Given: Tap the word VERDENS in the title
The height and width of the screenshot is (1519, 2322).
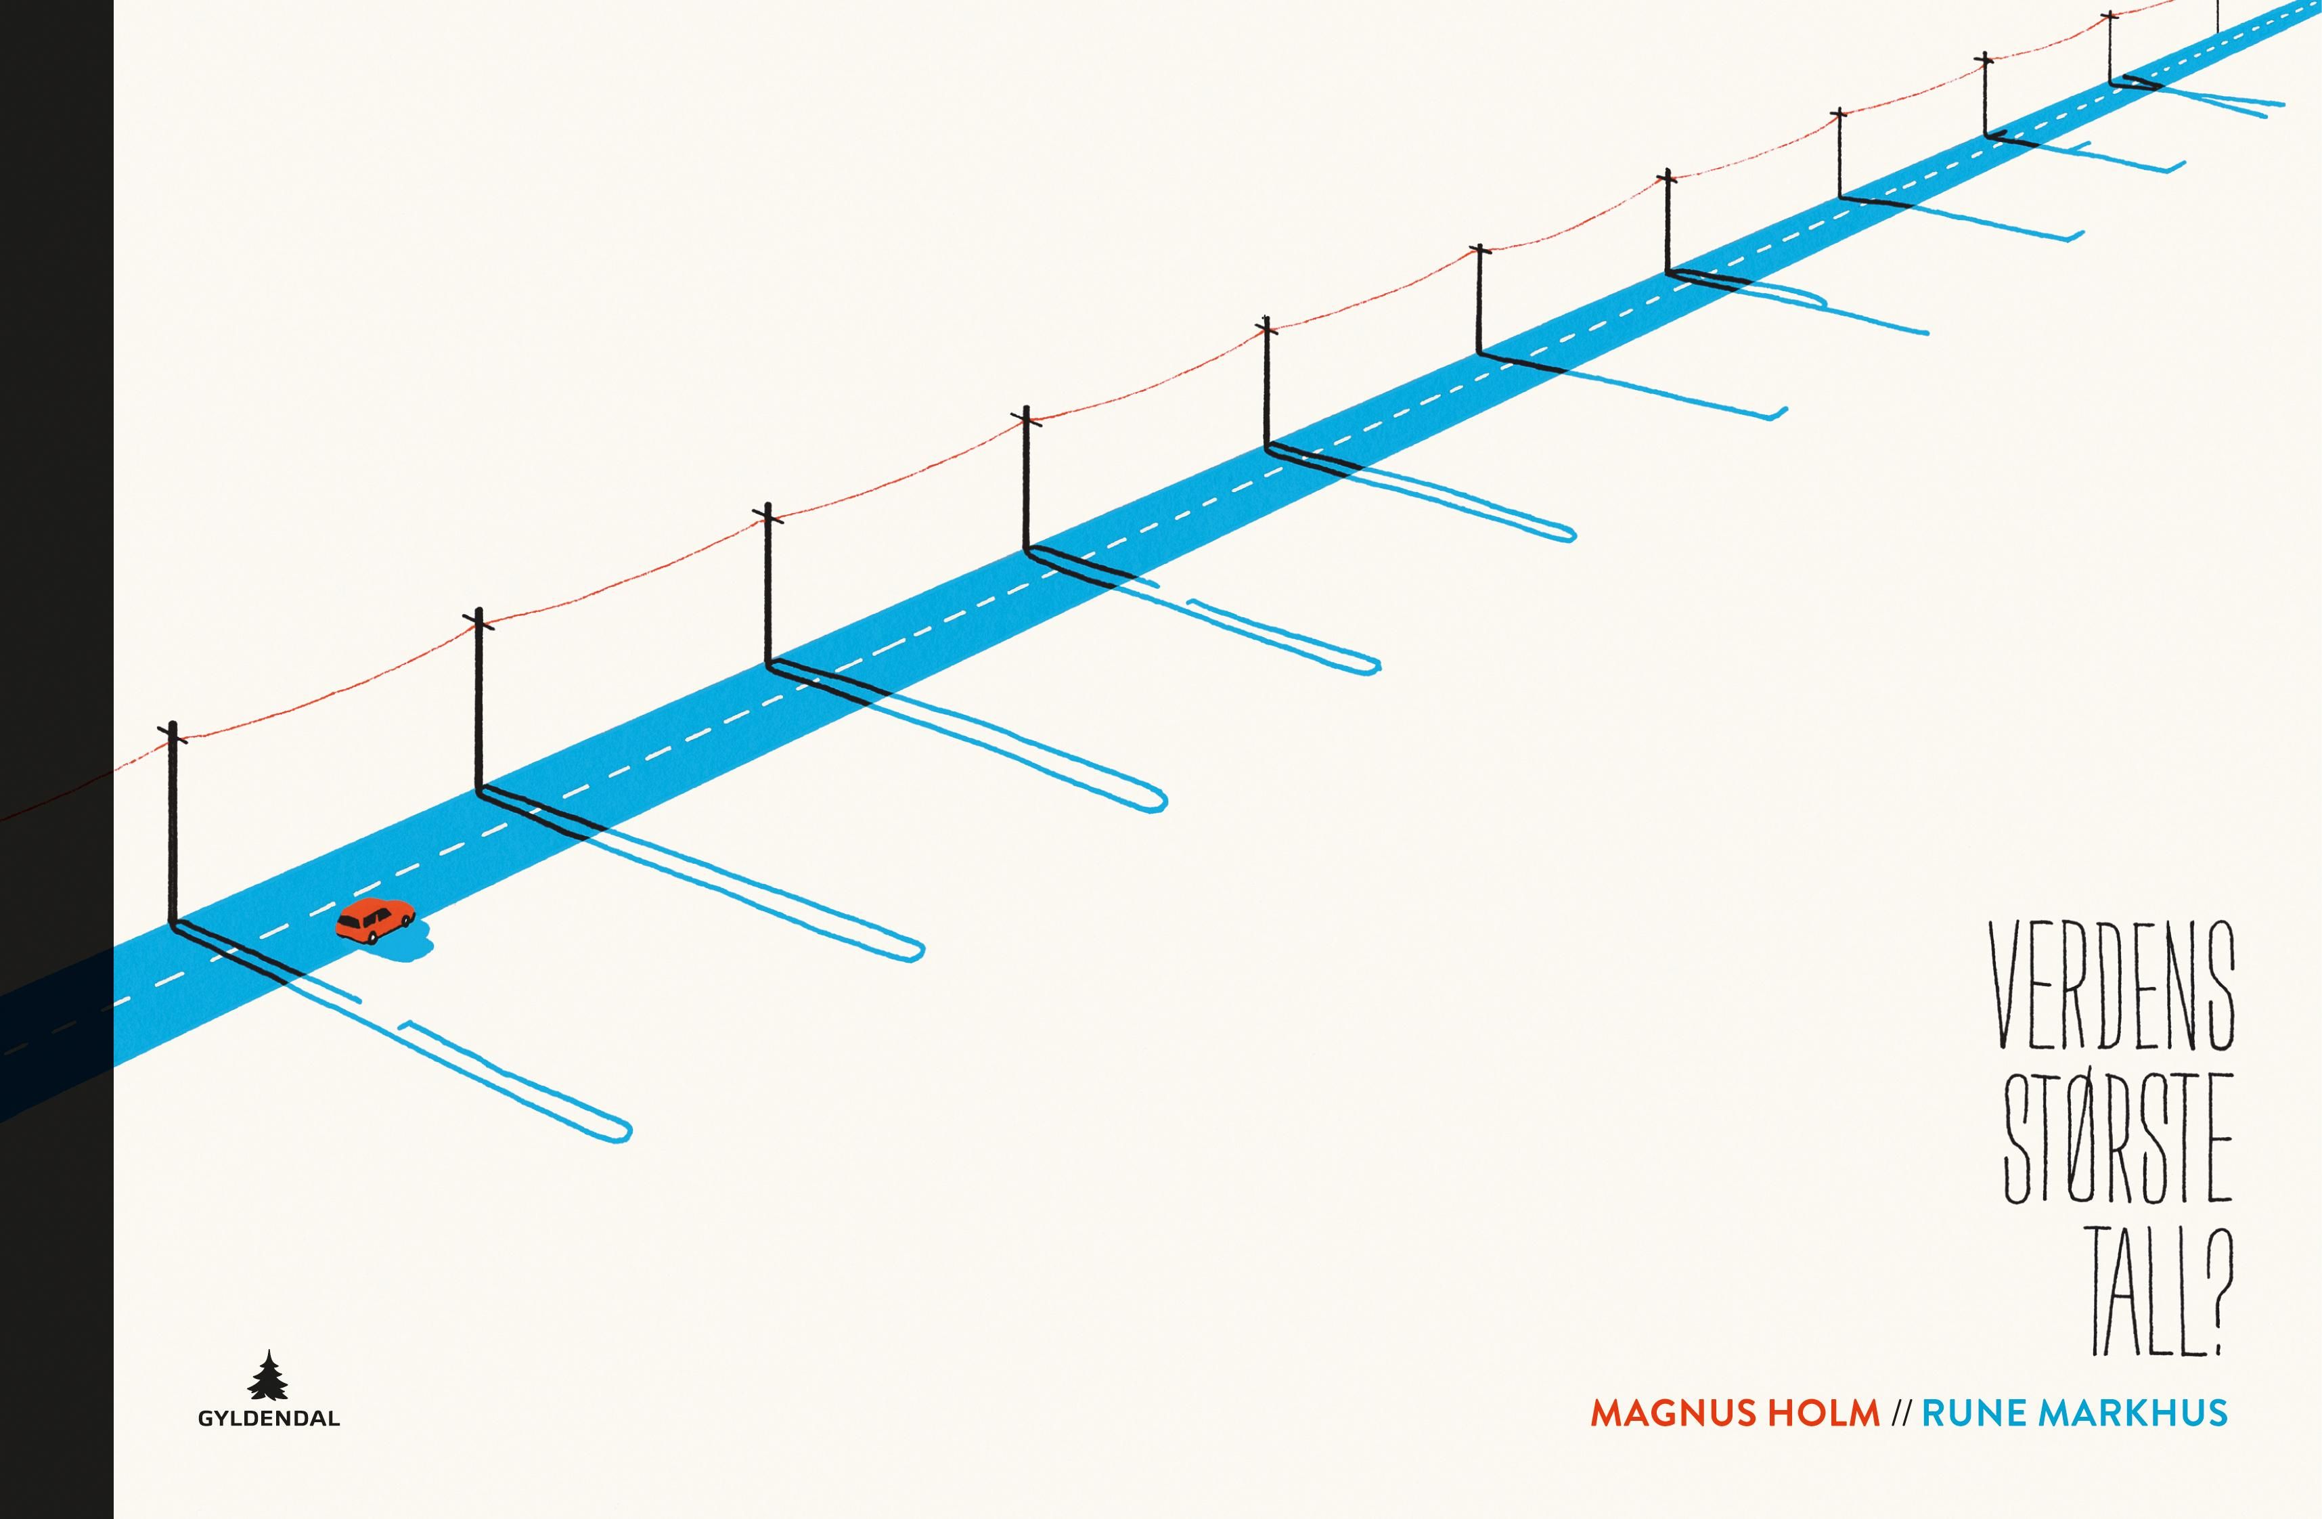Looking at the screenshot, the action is pyautogui.click(x=2112, y=986).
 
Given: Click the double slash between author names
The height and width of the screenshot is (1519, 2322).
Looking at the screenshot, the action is pyautogui.click(x=1900, y=1413).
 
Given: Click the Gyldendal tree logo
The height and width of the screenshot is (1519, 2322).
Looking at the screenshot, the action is pyautogui.click(x=268, y=1375).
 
